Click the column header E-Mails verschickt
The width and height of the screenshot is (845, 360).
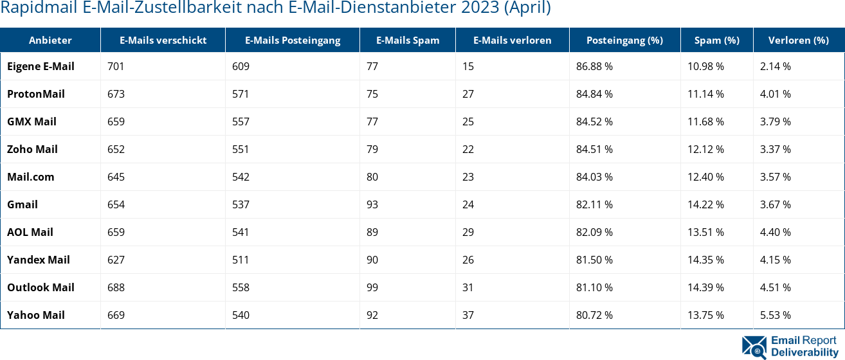(163, 40)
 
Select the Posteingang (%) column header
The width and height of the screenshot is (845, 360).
(624, 40)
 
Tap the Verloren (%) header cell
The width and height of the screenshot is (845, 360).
(798, 40)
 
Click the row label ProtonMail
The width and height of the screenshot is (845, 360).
(36, 94)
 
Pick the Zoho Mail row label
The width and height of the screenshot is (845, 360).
(32, 149)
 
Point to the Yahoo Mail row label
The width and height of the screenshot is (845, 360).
(36, 315)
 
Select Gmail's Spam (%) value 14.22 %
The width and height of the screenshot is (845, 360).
(705, 204)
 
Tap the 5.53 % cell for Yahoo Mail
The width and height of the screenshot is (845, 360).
(775, 315)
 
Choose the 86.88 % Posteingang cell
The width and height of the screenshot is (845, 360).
(594, 66)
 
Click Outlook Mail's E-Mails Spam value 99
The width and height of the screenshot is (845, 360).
(372, 287)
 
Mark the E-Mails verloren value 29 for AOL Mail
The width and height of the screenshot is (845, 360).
(468, 232)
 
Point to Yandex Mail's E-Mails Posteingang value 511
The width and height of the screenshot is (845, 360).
(241, 260)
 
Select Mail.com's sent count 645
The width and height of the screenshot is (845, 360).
(116, 177)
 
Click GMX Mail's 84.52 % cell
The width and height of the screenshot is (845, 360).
(594, 122)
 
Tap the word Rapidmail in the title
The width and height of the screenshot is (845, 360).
(39, 8)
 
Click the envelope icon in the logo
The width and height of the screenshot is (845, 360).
(754, 346)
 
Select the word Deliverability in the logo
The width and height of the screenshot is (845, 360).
(804, 352)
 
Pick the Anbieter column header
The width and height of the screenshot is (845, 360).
(50, 40)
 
